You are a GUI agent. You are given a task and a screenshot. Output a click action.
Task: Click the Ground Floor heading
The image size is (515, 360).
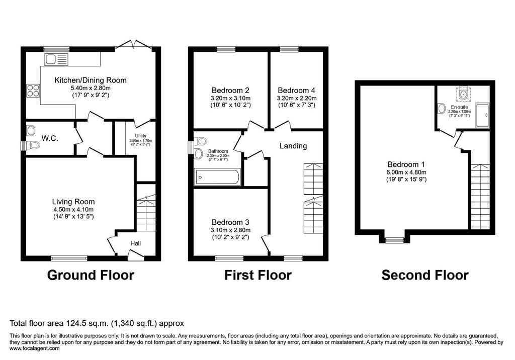point(91,275)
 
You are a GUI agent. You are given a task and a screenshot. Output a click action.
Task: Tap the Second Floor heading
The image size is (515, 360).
point(425,275)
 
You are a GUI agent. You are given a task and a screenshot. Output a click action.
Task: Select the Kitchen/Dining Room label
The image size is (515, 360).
point(91,80)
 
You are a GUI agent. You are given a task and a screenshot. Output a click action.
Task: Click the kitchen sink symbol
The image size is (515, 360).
point(56,59)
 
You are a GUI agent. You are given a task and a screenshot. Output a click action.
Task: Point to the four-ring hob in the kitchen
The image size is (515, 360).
point(33,91)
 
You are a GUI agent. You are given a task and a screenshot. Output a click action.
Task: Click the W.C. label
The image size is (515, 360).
point(50,138)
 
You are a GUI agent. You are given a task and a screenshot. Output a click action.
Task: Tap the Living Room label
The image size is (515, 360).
point(73,202)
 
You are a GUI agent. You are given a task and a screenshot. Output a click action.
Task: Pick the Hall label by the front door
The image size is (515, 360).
point(135,243)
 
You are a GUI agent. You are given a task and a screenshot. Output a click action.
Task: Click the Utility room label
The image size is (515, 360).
point(141,136)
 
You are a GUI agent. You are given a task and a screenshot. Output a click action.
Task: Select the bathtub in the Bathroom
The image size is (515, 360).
point(217,177)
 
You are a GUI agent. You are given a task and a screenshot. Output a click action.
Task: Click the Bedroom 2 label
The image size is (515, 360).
point(230,91)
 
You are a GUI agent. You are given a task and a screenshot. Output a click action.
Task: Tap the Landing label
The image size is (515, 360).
point(293,146)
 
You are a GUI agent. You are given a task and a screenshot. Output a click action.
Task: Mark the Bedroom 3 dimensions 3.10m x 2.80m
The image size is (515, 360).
point(230,230)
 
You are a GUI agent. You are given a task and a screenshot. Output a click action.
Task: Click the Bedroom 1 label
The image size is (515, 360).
point(406,164)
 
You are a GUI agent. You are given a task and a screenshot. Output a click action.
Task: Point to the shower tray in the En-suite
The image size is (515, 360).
point(482,115)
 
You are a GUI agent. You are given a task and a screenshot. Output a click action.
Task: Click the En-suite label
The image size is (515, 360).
point(460,107)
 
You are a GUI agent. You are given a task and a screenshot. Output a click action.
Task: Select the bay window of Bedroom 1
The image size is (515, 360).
point(394,240)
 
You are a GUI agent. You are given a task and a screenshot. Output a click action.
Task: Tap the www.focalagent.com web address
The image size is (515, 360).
point(35,348)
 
